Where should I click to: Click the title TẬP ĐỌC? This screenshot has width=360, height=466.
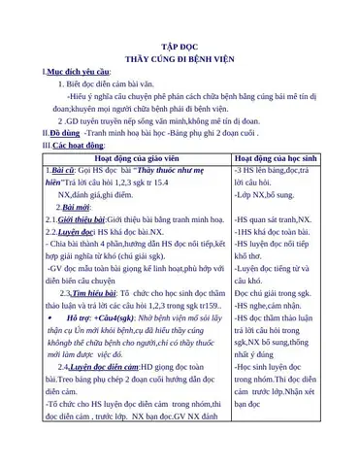180,46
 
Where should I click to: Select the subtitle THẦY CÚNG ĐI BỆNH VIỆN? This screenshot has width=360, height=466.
180,58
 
